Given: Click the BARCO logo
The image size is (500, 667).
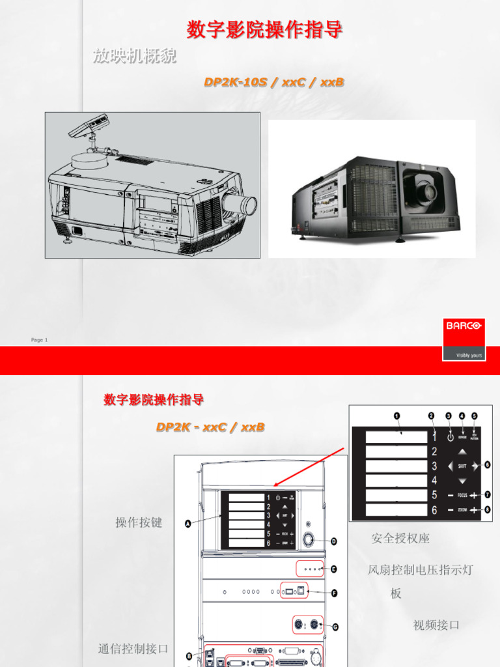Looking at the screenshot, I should (x=464, y=325).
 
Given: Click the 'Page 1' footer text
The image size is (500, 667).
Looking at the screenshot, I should (x=39, y=340).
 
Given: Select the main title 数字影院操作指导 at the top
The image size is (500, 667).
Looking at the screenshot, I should (x=264, y=30).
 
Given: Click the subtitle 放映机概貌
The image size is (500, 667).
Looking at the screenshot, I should (x=134, y=57).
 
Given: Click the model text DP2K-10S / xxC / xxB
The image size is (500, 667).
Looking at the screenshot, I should (x=274, y=82).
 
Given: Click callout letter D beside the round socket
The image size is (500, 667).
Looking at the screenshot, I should (x=334, y=541).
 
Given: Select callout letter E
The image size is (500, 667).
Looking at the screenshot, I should (x=334, y=569).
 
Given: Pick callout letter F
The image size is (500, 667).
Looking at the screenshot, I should (x=334, y=593).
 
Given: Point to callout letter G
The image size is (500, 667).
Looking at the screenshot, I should (x=336, y=627).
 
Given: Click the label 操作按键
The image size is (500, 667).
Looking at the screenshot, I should (x=139, y=522).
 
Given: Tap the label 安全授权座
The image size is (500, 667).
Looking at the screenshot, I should (x=400, y=539).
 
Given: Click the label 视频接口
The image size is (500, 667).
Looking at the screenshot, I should (x=436, y=625).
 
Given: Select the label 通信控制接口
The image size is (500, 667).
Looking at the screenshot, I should (x=133, y=648).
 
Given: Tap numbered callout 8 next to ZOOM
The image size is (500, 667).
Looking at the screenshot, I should (x=487, y=510).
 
